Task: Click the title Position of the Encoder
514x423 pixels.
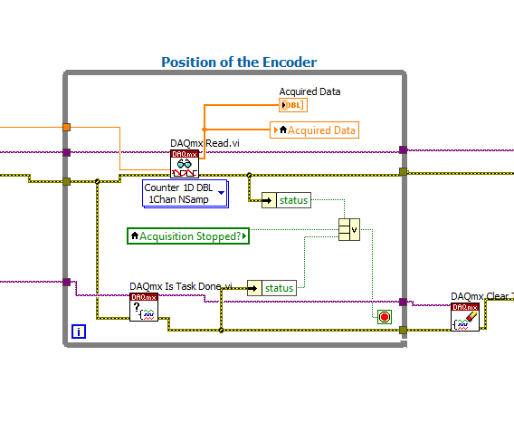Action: click(x=239, y=62)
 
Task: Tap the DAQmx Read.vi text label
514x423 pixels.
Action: click(x=205, y=143)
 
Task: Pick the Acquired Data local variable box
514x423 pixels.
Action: click(x=314, y=130)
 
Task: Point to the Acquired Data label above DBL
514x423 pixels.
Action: click(x=309, y=91)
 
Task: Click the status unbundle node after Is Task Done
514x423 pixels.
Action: click(x=271, y=288)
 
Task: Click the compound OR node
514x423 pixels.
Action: click(x=349, y=228)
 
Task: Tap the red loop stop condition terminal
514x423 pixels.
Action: click(x=385, y=316)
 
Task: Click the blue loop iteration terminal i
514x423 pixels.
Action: click(x=80, y=332)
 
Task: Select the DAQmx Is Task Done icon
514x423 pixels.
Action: click(x=143, y=307)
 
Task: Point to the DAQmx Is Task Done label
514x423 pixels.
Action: click(x=181, y=286)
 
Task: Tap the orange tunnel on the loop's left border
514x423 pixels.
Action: click(x=66, y=127)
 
